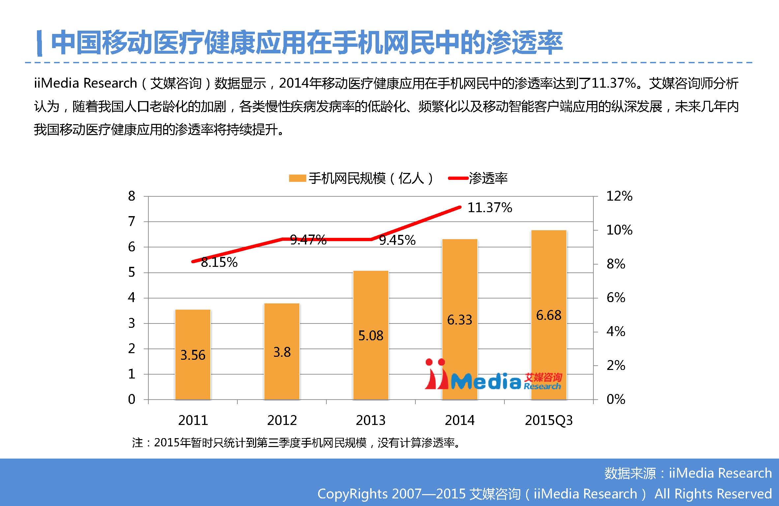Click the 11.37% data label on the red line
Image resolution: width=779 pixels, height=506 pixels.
pyautogui.click(x=490, y=208)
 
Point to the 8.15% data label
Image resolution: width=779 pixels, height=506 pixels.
pyautogui.click(x=219, y=263)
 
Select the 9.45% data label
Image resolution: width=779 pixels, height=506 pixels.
pyautogui.click(x=397, y=240)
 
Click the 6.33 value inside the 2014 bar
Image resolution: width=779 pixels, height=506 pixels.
pyautogui.click(x=460, y=320)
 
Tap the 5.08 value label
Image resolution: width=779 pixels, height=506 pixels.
pyautogui.click(x=371, y=336)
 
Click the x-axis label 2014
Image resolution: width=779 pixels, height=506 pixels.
pyautogui.click(x=460, y=420)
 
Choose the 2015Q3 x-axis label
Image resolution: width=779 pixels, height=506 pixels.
pyautogui.click(x=549, y=420)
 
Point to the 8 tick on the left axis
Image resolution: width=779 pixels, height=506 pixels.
pyautogui.click(x=132, y=196)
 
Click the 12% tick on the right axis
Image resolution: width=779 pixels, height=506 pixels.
pyautogui.click(x=619, y=196)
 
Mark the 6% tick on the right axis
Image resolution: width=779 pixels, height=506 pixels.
pyautogui.click(x=616, y=298)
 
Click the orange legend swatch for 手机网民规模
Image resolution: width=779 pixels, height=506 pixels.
pyautogui.click(x=297, y=179)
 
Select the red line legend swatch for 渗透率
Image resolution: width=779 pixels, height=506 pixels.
pyautogui.click(x=458, y=179)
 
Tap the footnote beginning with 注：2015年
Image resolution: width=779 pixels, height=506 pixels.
pyautogui.click(x=296, y=443)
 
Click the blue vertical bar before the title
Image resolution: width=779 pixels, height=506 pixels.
pyautogui.click(x=40, y=43)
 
